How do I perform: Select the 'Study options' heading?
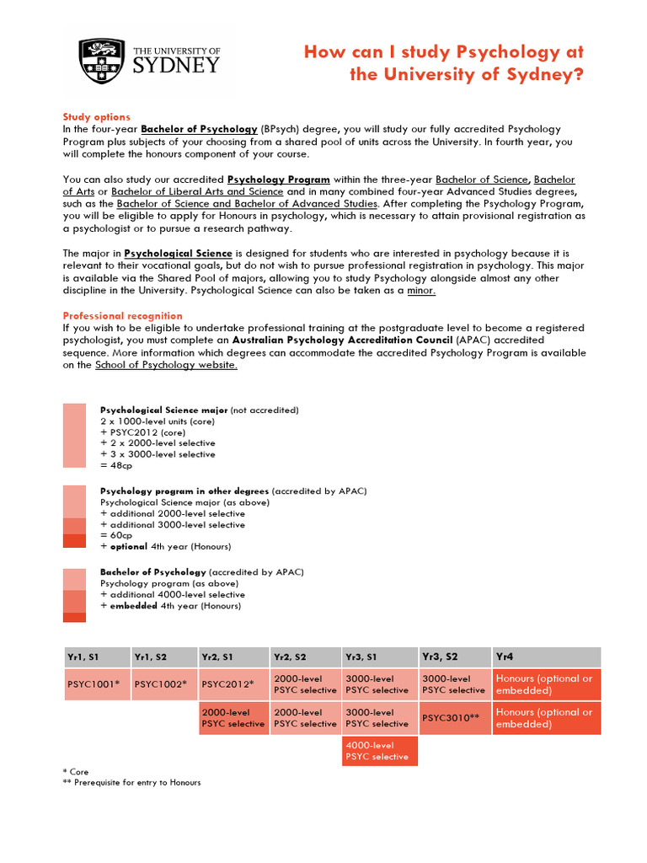coord(96,117)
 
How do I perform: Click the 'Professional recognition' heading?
coord(122,316)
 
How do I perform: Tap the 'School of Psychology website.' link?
coord(166,365)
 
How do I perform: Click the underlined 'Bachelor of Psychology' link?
coord(199,129)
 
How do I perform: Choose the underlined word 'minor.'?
coord(421,291)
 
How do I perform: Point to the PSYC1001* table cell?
coord(97,684)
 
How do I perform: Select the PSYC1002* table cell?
coord(163,684)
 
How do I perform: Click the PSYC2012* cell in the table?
coord(233,684)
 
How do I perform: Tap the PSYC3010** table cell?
coord(454,718)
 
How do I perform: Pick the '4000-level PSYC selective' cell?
coord(379,751)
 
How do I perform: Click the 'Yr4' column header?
coord(547,657)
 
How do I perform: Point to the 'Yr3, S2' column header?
coord(454,657)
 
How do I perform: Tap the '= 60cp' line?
coord(116,535)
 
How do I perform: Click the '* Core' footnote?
coord(76,771)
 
